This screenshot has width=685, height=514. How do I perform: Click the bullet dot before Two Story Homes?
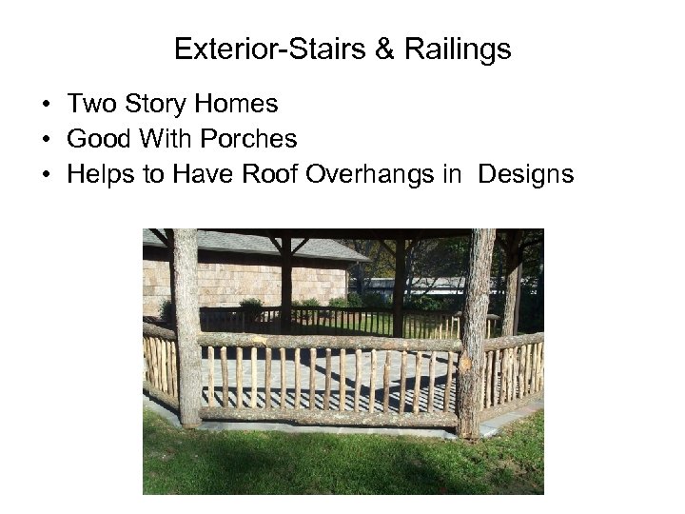click(46, 105)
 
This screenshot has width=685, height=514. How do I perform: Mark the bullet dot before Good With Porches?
click(46, 140)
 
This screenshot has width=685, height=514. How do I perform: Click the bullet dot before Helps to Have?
click(46, 175)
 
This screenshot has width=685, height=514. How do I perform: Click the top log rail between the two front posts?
click(328, 341)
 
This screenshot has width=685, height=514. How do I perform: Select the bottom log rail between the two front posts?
click(328, 415)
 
